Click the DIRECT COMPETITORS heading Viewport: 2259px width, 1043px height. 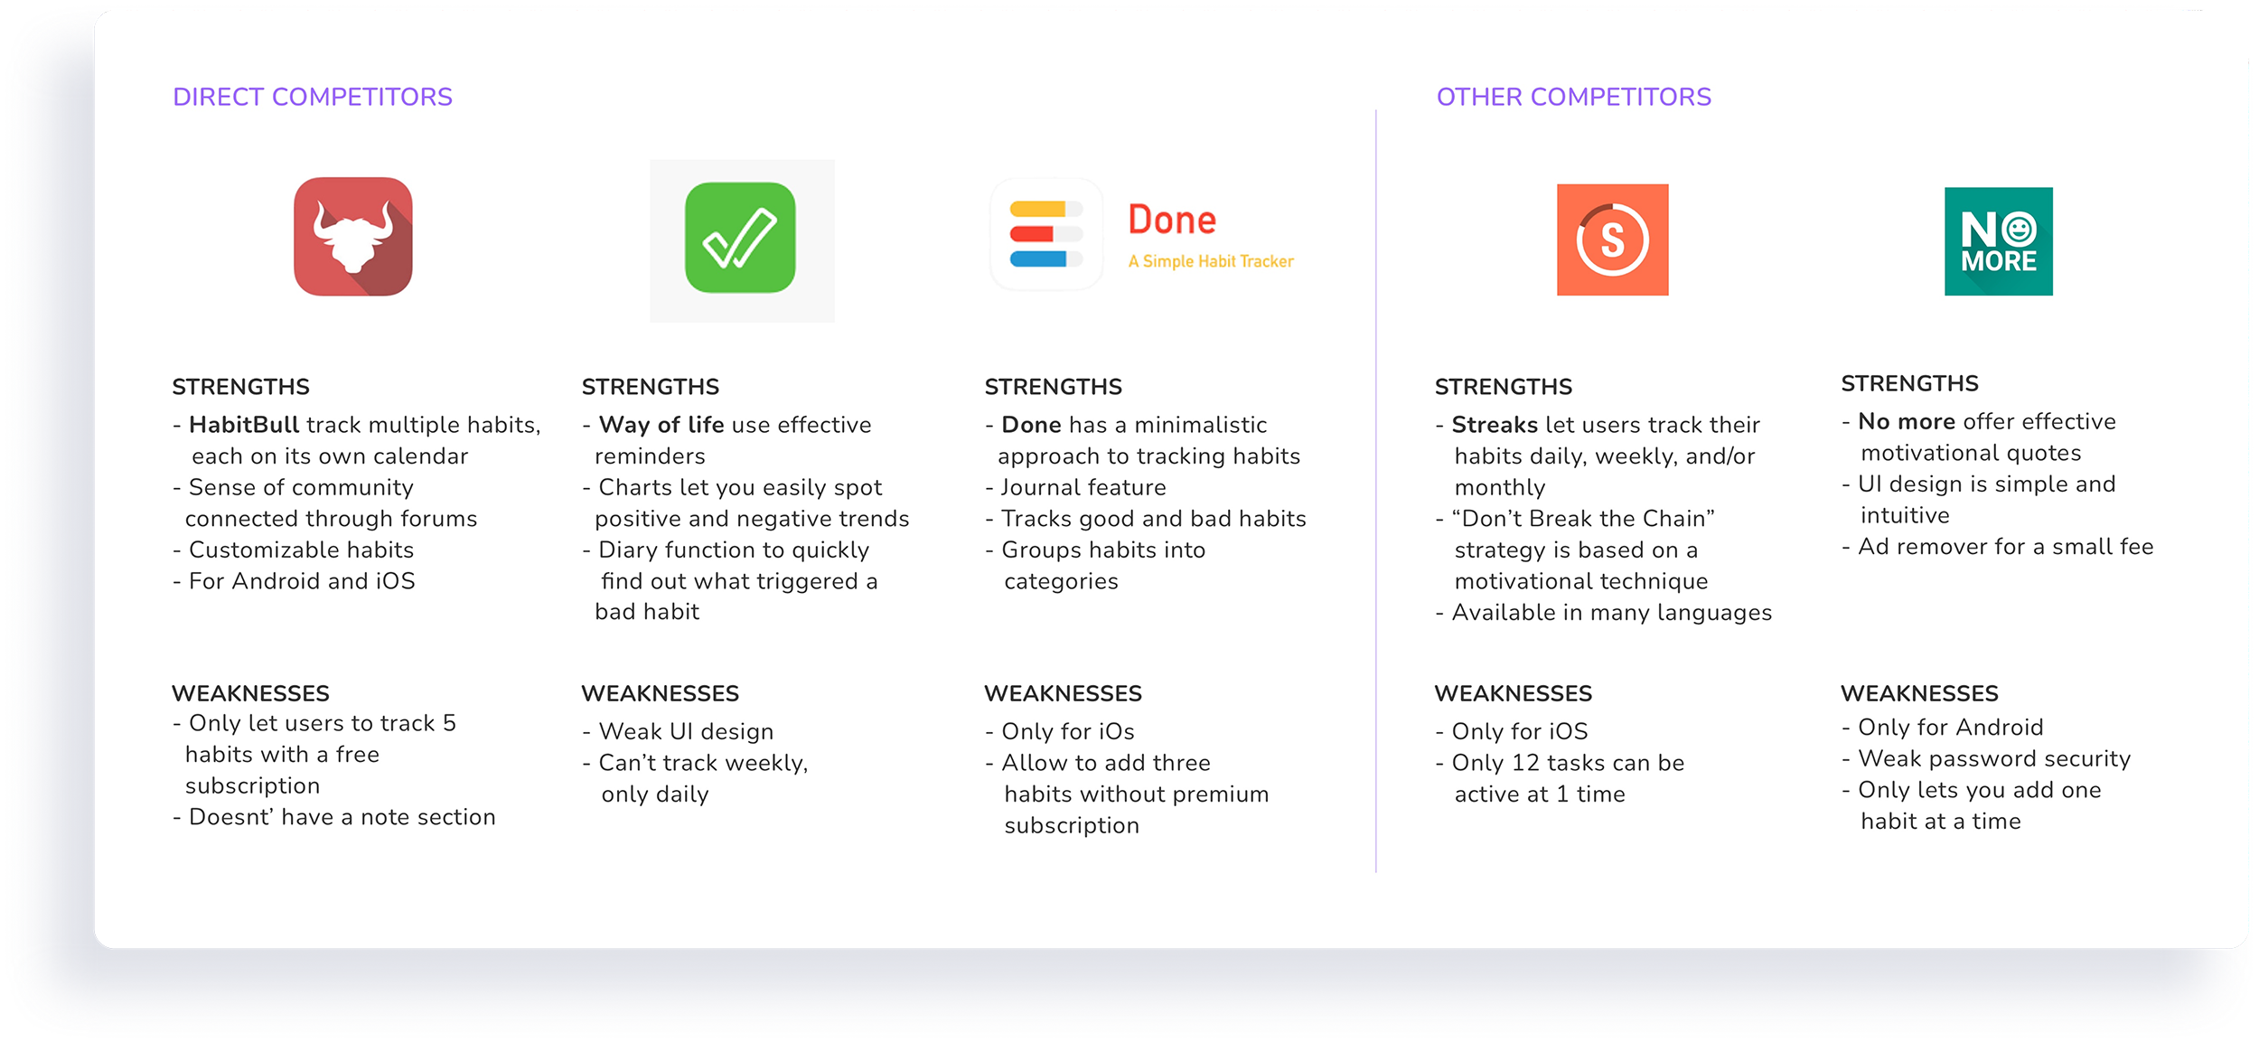pyautogui.click(x=313, y=97)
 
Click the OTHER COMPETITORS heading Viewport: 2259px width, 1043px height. pyautogui.click(x=1573, y=97)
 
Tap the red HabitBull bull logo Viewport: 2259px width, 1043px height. pyautogui.click(x=353, y=237)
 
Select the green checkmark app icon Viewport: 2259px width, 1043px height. pyautogui.click(x=740, y=238)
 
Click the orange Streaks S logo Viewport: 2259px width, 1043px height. pyautogui.click(x=1612, y=240)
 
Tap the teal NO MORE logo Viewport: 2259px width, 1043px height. pyautogui.click(x=1998, y=241)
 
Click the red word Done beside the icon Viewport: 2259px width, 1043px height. pyautogui.click(x=1172, y=220)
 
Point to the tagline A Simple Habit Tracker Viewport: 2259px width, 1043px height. pyautogui.click(x=1211, y=261)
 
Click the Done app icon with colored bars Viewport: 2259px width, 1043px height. pyautogui.click(x=1046, y=234)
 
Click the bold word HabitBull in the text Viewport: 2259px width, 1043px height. pyautogui.click(x=244, y=425)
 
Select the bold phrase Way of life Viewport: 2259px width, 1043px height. pyautogui.click(x=661, y=425)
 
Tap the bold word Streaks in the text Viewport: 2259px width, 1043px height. pyautogui.click(x=1495, y=425)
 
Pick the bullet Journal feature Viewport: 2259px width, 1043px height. pyautogui.click(x=1075, y=487)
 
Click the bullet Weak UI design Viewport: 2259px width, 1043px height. pyautogui.click(x=678, y=731)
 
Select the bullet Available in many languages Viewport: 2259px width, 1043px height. pyautogui.click(x=1604, y=613)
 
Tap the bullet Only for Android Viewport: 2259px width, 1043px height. pyautogui.click(x=1943, y=728)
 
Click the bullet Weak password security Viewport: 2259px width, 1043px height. pyautogui.click(x=1986, y=759)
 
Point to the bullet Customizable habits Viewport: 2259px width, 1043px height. pyautogui.click(x=294, y=550)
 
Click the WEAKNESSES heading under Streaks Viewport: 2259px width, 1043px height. pyautogui.click(x=1513, y=693)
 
